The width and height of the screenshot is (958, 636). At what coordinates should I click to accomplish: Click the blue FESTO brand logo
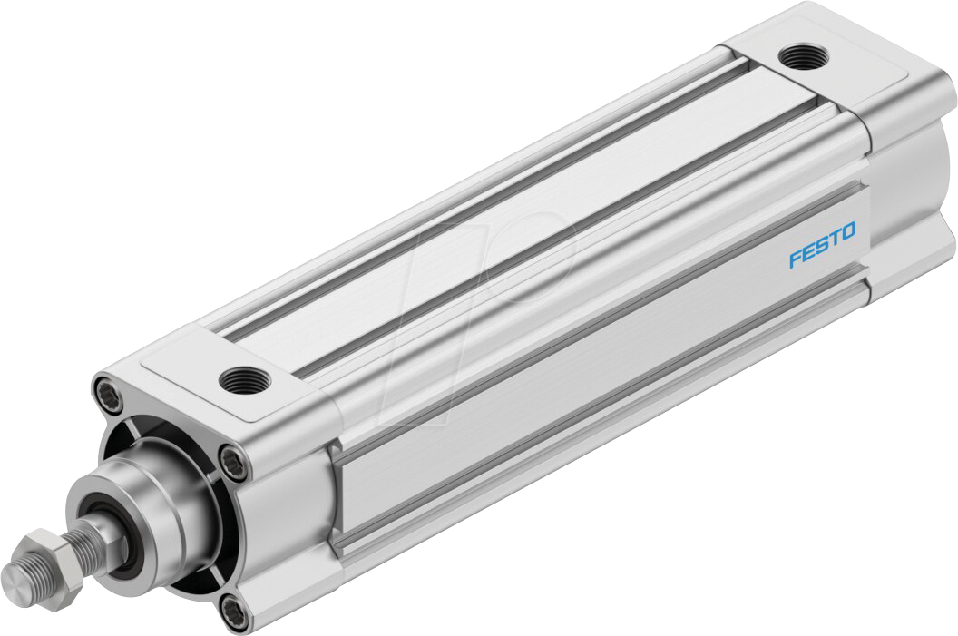coord(821,247)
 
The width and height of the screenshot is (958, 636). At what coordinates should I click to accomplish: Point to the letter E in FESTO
coord(807,253)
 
